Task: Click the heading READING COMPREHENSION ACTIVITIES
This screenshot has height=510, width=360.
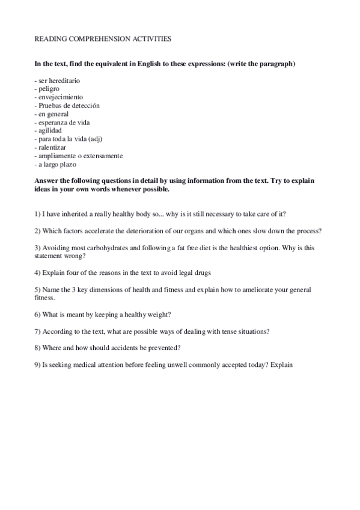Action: (x=103, y=38)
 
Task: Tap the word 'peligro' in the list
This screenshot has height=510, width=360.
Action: (x=49, y=88)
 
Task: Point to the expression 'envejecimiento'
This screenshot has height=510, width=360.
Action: (x=61, y=97)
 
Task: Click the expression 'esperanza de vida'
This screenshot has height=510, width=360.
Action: (x=64, y=122)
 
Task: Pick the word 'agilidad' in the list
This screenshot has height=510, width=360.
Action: (x=50, y=131)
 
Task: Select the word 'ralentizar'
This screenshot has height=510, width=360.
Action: (x=53, y=147)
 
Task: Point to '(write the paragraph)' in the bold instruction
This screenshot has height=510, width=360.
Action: (x=260, y=64)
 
